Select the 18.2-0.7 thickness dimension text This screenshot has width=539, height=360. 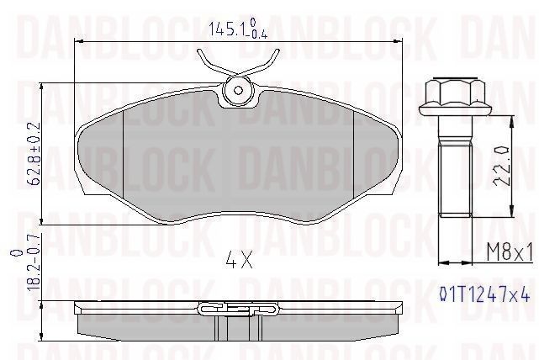35,264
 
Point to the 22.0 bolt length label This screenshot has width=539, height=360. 501,166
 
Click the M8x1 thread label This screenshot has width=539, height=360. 510,253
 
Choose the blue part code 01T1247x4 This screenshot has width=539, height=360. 484,294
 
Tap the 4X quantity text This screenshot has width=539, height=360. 240,261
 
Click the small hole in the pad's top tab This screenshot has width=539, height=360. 238,91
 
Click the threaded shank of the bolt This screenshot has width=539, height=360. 455,181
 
